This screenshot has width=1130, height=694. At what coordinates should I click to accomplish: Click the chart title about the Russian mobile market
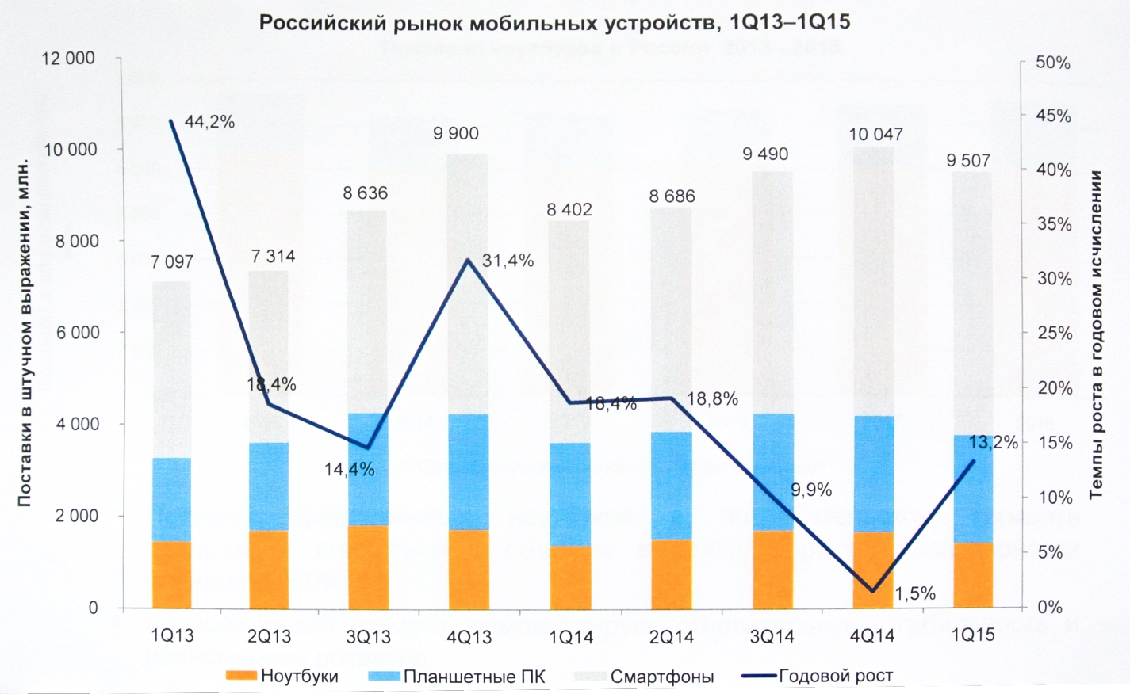point(554,22)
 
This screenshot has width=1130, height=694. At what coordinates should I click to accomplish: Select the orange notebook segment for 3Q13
point(368,566)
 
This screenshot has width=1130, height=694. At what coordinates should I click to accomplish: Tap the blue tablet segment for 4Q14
point(874,473)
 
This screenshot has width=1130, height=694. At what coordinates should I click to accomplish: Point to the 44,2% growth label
point(209,122)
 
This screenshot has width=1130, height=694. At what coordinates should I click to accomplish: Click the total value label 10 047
point(875,135)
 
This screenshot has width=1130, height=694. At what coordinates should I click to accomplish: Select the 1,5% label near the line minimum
point(915,593)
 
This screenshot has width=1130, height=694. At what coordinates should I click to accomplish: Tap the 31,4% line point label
point(508,261)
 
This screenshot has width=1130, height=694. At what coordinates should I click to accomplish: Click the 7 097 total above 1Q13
point(172,262)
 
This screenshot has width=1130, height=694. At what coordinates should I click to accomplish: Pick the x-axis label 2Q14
point(671,637)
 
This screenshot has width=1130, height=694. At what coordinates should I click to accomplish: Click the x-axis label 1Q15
point(973,635)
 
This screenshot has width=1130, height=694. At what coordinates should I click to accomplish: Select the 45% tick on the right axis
point(1053,116)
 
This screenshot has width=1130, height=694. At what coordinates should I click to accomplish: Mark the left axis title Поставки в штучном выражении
point(25,333)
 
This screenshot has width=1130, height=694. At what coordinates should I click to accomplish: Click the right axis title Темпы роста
point(1097,334)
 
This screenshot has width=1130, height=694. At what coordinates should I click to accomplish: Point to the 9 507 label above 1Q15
point(968,161)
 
